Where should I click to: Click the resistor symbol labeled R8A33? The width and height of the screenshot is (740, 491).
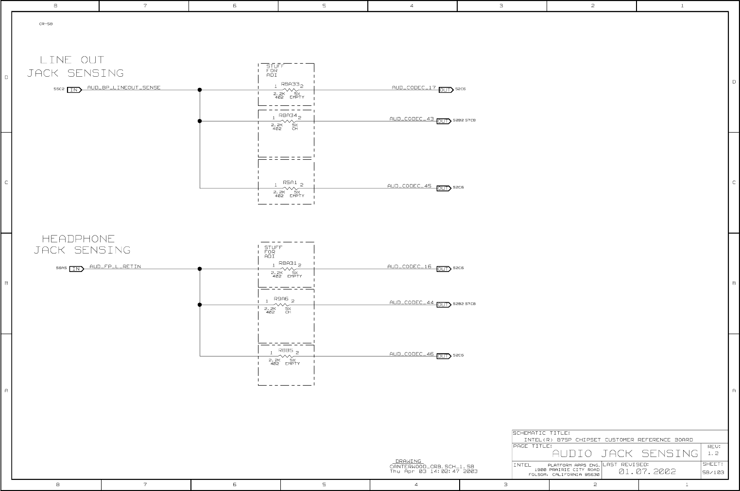290,90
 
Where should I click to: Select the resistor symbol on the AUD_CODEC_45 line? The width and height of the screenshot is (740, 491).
290,188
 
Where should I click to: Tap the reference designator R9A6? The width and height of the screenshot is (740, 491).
281,299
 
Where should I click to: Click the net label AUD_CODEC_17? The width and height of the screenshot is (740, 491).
413,87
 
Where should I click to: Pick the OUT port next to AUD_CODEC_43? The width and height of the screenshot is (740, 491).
444,121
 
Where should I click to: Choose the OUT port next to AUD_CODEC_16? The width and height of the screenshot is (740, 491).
444,269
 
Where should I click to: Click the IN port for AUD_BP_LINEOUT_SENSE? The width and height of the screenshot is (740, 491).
74,90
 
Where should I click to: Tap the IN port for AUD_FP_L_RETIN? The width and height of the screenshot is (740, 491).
76,269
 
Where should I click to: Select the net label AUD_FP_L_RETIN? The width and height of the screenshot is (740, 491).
115,266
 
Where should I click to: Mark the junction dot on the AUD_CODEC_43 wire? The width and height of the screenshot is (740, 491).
200,121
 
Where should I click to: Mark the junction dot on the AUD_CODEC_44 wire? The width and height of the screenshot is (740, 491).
200,305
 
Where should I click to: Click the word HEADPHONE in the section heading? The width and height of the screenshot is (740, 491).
78,238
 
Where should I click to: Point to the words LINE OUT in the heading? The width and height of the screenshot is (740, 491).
72,60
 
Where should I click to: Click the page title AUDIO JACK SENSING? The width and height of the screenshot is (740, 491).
625,454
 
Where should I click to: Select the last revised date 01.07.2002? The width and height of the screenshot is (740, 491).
647,472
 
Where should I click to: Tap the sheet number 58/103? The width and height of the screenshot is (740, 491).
713,472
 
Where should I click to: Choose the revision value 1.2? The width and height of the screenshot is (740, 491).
713,454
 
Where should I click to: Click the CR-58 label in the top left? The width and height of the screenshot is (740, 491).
46,24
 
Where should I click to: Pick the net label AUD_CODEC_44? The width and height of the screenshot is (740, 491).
411,302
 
